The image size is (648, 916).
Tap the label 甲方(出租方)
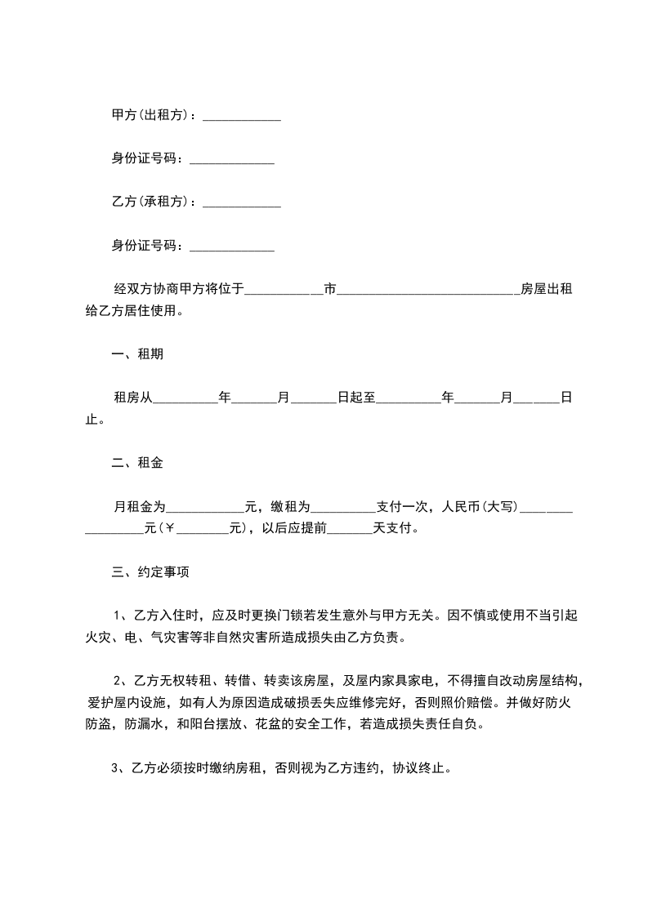pyautogui.click(x=153, y=116)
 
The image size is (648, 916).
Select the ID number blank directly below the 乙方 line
pyautogui.click(x=231, y=247)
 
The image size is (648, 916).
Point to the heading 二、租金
pyautogui.click(x=136, y=463)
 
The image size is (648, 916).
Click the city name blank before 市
pyautogui.click(x=284, y=291)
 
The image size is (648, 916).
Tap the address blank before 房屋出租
pyautogui.click(x=427, y=291)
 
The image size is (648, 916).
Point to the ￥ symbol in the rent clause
pyautogui.click(x=170, y=528)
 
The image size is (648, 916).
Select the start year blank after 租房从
pyautogui.click(x=185, y=399)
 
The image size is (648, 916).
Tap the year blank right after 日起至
pyautogui.click(x=408, y=399)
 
